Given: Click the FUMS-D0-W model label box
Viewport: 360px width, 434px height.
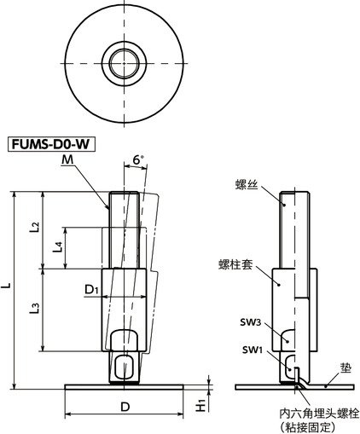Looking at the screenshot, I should click(x=50, y=144).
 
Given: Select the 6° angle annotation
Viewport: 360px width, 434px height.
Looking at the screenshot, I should click(x=139, y=159).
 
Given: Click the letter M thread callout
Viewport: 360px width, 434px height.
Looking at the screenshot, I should click(x=67, y=159).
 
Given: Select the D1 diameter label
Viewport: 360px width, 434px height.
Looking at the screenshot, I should click(x=92, y=291).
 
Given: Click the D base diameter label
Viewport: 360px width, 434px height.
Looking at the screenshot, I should click(x=125, y=407).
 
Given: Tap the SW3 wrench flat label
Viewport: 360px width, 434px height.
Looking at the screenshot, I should click(x=250, y=324).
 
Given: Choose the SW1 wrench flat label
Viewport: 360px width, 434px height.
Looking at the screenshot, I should click(x=250, y=349).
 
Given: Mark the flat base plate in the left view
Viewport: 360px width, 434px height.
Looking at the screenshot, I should click(x=125, y=386).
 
